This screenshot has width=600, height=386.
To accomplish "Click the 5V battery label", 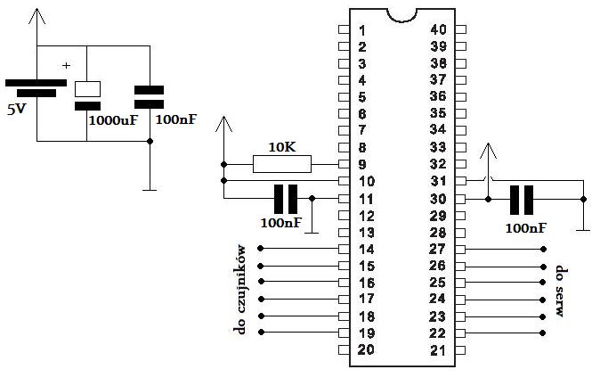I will point(18,111).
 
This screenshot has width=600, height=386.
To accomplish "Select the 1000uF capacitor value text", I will point(113,119).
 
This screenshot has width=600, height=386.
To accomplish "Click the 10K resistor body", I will point(282,164).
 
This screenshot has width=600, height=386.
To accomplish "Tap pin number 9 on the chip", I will point(362,164).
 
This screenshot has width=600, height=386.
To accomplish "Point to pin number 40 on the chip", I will point(437,29).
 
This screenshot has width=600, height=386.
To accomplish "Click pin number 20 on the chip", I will point(365,349).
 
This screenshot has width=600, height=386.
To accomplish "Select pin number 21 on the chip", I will point(437,349).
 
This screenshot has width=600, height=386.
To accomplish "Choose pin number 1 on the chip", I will point(362,29).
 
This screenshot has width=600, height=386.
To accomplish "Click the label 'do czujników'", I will point(239,291).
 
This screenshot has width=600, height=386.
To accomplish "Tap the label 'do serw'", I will point(561,291).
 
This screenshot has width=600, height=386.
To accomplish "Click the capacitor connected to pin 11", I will point(286,199).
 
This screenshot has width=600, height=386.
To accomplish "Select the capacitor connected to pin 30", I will point(521,199).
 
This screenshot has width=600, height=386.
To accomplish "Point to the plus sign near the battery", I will point(66,65).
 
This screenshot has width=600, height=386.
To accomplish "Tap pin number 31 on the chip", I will point(437,181).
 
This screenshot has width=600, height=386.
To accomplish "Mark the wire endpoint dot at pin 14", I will point(260,249).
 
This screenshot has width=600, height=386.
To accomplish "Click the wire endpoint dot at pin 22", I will point(543,333).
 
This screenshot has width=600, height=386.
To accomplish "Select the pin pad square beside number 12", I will point(344,215).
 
